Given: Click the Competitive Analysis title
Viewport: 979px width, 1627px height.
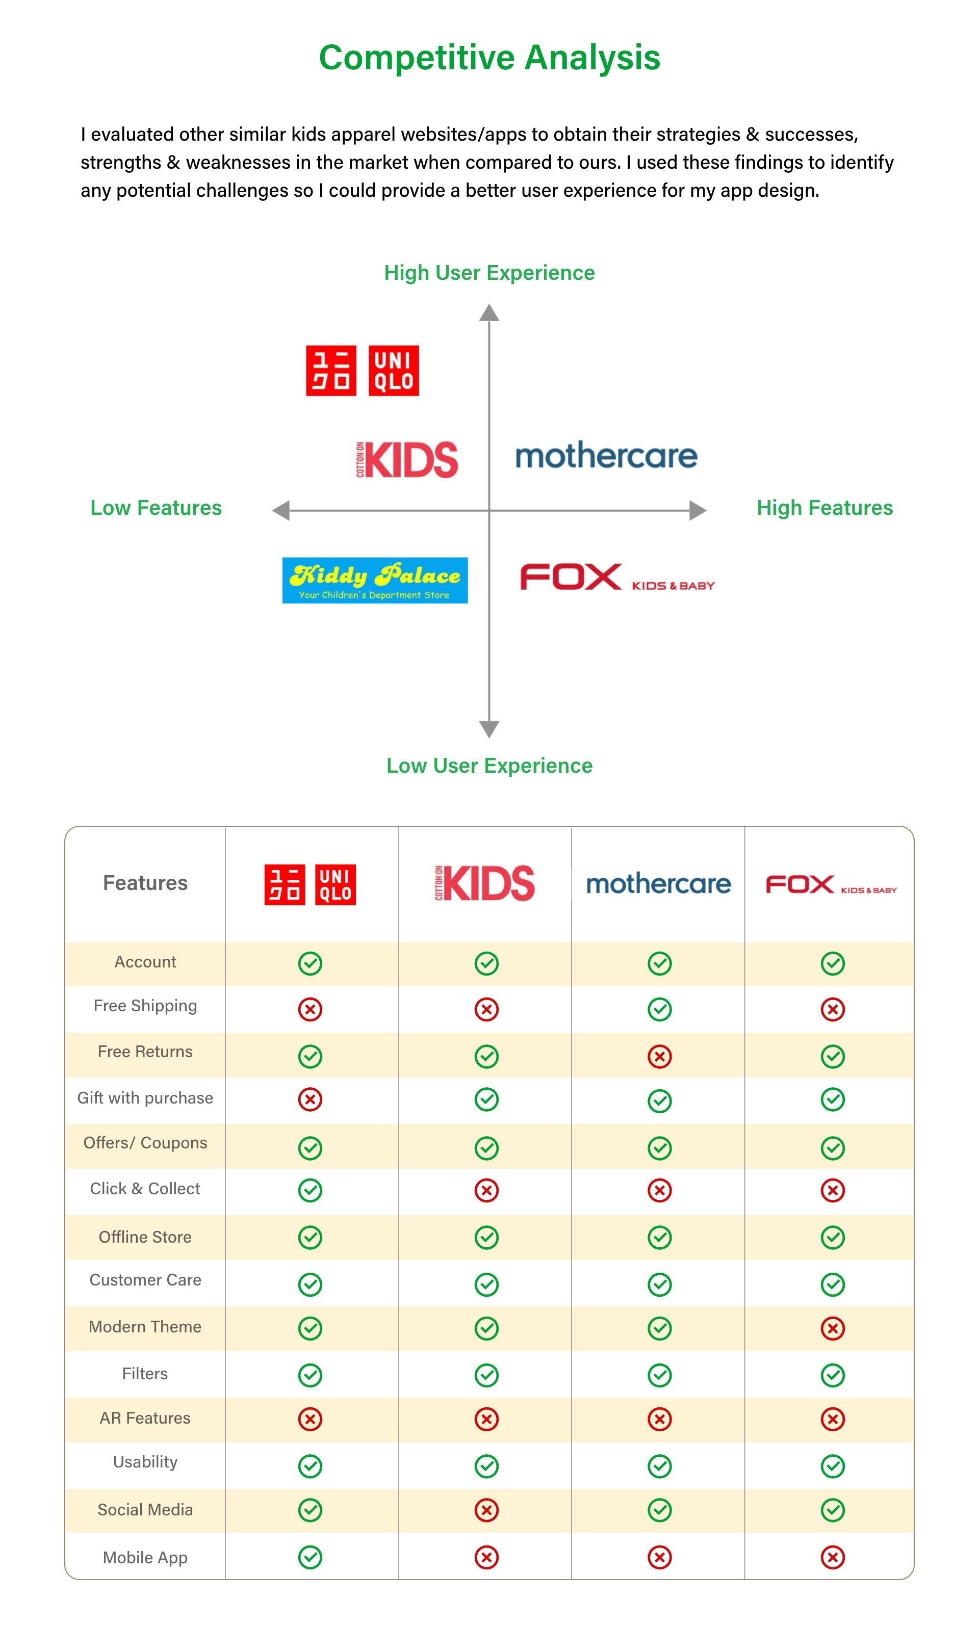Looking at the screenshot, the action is click(489, 58).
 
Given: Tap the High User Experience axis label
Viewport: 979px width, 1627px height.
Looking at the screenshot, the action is click(489, 272).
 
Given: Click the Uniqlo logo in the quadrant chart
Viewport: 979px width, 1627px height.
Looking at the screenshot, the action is click(362, 370).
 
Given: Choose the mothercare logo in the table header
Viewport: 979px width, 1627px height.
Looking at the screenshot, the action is click(658, 883).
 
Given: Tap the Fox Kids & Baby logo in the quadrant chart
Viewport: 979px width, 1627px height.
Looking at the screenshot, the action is click(617, 578).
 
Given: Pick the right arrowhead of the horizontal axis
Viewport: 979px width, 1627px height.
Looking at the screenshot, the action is click(698, 510).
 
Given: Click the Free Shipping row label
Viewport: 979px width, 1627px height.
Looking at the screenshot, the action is click(145, 1005).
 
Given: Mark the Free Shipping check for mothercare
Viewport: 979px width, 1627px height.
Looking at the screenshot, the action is click(659, 1009).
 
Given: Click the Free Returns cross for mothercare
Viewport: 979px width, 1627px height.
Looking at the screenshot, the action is click(659, 1056).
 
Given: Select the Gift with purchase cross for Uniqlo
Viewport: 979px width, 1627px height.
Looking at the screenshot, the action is click(310, 1099).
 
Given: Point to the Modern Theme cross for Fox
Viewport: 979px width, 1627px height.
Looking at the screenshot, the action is click(833, 1328).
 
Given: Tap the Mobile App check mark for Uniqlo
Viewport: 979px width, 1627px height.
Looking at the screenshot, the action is click(310, 1557).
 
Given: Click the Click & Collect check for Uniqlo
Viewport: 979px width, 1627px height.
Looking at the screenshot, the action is click(310, 1190).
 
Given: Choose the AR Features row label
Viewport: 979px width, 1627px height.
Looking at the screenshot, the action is click(145, 1418).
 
